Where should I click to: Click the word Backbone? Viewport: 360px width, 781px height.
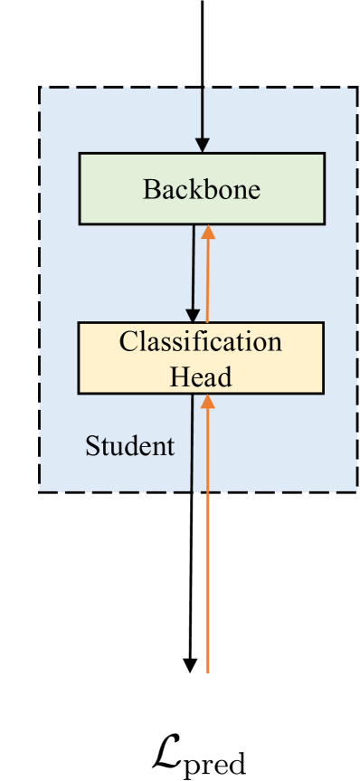pyautogui.click(x=201, y=190)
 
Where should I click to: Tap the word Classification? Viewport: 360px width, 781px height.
pyautogui.click(x=201, y=342)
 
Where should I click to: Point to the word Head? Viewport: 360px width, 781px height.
pyautogui.click(x=201, y=375)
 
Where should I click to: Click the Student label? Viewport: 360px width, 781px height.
pyautogui.click(x=129, y=445)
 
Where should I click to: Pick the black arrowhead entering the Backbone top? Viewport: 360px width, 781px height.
pyautogui.click(x=202, y=144)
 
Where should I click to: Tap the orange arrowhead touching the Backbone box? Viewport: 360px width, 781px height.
pyautogui.click(x=209, y=232)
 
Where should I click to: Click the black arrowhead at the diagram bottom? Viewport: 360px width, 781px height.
pyautogui.click(x=190, y=665)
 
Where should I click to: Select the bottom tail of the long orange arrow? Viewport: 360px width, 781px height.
pyautogui.click(x=209, y=671)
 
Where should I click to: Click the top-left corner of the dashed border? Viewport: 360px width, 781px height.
pyautogui.click(x=39, y=87)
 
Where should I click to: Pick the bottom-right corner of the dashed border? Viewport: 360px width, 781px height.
pyautogui.click(x=356, y=491)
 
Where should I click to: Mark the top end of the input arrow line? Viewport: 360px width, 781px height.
pyautogui.click(x=202, y=3)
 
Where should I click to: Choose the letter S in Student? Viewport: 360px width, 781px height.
pyautogui.click(x=90, y=445)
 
